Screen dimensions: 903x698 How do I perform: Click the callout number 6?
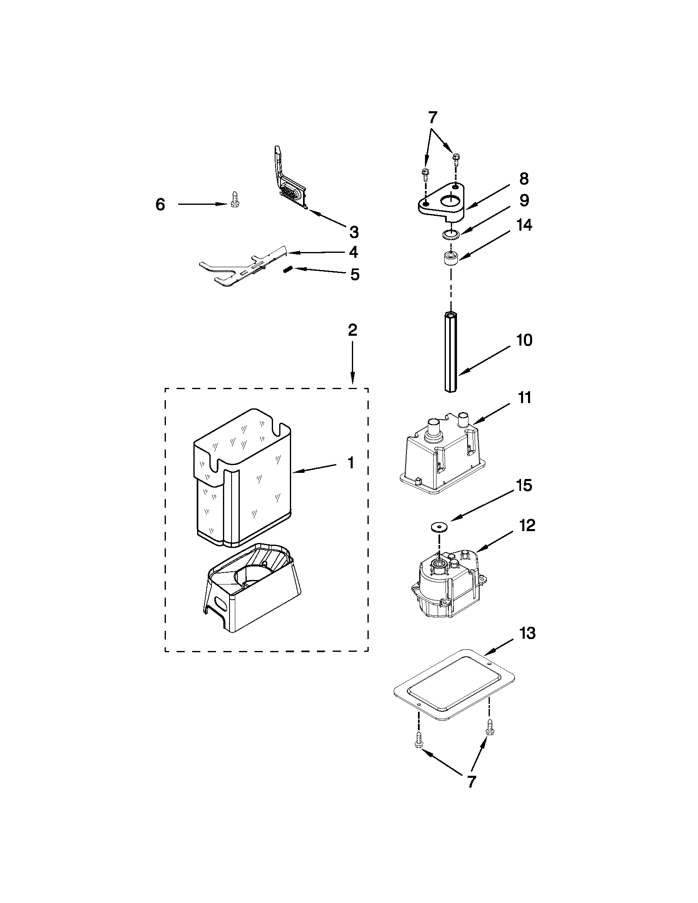(x=161, y=205)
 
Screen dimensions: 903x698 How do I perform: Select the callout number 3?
(x=354, y=232)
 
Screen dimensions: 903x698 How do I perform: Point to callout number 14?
(x=524, y=225)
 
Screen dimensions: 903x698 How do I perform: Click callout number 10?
(x=524, y=340)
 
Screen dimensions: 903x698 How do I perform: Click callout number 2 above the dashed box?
(x=352, y=330)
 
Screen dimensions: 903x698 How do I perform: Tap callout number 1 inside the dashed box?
(x=350, y=463)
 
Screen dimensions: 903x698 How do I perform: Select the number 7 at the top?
(x=432, y=118)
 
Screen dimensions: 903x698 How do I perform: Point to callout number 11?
(x=524, y=398)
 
